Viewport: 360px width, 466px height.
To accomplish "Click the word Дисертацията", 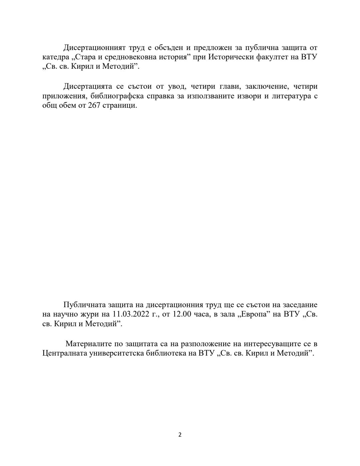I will (x=88, y=87).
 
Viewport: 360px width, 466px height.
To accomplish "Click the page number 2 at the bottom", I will (x=180, y=435).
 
